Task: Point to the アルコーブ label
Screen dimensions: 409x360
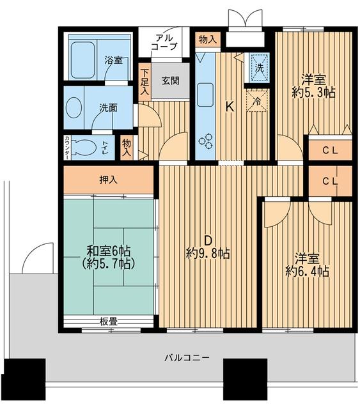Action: point(165,42)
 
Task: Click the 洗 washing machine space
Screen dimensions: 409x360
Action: point(259,66)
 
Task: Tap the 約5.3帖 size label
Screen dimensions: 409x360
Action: point(314,92)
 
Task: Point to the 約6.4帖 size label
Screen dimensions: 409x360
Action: point(307,272)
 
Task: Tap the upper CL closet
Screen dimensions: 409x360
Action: point(330,151)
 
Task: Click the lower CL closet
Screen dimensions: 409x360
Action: point(330,181)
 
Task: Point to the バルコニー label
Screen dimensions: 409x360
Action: point(186,357)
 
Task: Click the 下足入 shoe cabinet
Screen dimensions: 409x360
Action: point(145,82)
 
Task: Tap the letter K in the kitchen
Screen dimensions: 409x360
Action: point(229,107)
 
